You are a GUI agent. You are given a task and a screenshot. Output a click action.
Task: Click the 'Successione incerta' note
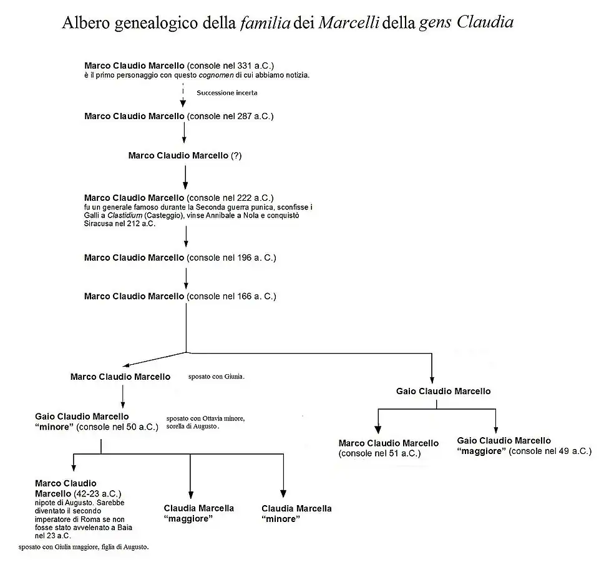pyautogui.click(x=227, y=92)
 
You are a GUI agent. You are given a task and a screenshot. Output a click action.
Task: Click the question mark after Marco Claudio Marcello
pyautogui.click(x=236, y=156)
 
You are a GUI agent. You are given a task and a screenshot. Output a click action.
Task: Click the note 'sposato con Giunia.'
pyautogui.click(x=216, y=377)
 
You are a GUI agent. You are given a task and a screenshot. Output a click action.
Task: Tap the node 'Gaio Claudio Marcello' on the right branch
pyautogui.click(x=443, y=392)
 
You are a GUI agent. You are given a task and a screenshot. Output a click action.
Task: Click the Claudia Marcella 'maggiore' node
pyautogui.click(x=198, y=513)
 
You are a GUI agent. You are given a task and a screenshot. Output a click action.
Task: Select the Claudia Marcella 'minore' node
pyautogui.click(x=296, y=514)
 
